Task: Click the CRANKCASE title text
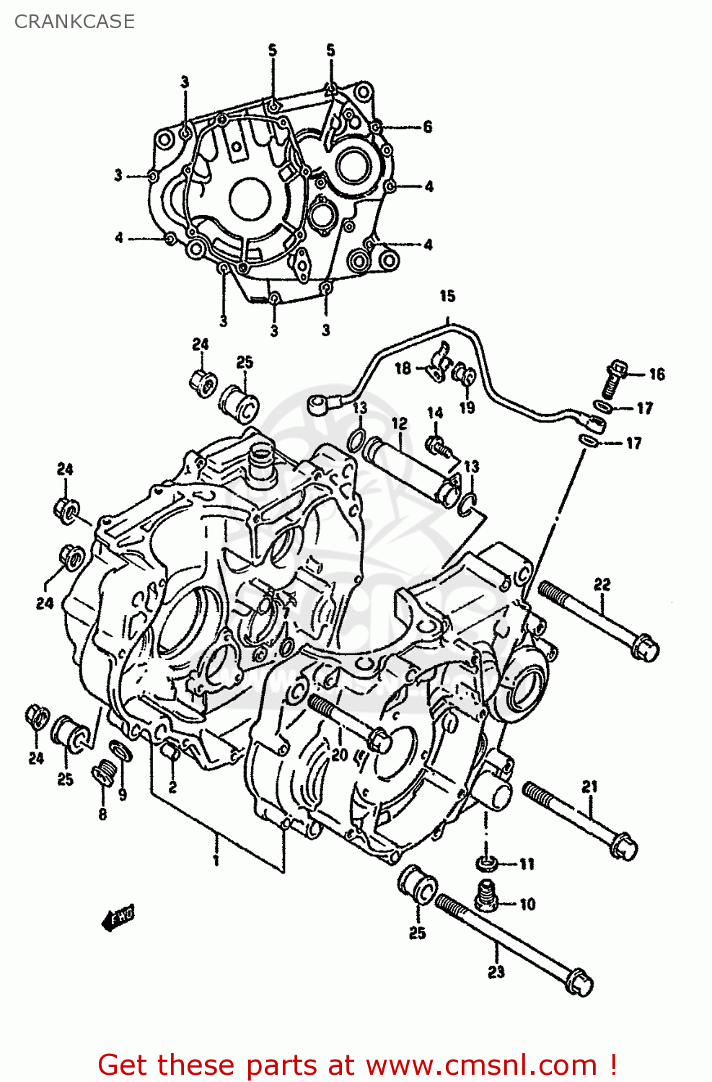click(74, 22)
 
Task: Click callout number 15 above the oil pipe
click(447, 296)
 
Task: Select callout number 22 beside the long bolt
click(602, 584)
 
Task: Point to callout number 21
click(590, 786)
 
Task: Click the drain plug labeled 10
click(488, 896)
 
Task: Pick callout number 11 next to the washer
click(527, 864)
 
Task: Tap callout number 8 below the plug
click(102, 814)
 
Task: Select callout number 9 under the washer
click(123, 794)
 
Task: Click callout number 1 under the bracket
click(216, 860)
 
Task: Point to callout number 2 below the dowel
click(172, 787)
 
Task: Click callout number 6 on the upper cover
click(428, 127)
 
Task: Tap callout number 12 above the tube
click(400, 424)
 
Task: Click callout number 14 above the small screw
click(435, 413)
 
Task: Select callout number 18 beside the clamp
click(403, 368)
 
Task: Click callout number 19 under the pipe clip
click(467, 408)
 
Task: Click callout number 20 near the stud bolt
click(339, 755)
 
